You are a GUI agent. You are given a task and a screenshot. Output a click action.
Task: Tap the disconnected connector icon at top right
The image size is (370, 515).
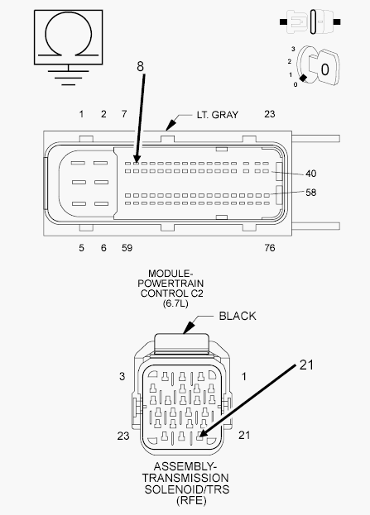[310, 22]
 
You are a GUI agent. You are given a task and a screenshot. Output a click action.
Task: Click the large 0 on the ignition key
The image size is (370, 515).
[324, 69]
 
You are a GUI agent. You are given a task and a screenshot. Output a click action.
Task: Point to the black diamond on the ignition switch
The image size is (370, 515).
[303, 78]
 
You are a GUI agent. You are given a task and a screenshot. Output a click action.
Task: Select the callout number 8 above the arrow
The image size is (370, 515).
[140, 66]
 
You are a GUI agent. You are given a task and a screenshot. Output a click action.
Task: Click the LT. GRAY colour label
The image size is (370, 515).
[218, 115]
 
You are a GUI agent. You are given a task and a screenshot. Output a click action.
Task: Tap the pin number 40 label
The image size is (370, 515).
[310, 173]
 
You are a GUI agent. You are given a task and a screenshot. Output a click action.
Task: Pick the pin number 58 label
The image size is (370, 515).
[310, 192]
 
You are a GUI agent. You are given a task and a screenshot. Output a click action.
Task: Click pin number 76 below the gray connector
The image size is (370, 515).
[269, 248]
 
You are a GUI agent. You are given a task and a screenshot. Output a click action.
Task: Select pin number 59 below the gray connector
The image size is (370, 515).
[127, 248]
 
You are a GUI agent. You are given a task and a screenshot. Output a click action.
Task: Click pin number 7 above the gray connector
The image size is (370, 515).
[124, 113]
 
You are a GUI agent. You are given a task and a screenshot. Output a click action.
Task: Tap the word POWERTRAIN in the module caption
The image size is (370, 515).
[171, 283]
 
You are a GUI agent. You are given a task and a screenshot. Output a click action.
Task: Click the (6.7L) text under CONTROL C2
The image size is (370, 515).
[175, 303]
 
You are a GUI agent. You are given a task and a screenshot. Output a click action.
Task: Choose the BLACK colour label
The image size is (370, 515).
[238, 316]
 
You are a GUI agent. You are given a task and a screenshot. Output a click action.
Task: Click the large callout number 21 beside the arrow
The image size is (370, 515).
[306, 365]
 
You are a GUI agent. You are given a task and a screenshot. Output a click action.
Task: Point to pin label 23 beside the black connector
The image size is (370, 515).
[123, 436]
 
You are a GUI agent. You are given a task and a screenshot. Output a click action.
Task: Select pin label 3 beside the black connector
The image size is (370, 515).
[122, 376]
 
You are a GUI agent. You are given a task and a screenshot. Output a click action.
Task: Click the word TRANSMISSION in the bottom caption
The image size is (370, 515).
[185, 478]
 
